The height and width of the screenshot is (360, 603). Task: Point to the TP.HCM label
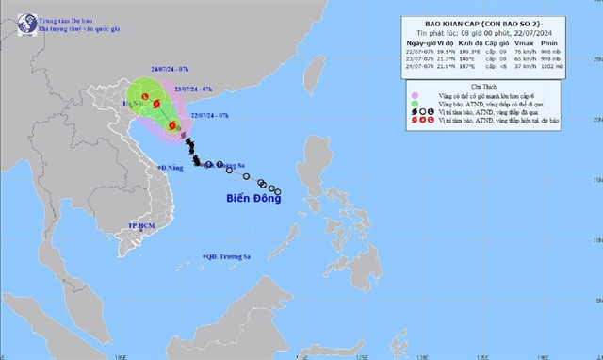pyautogui.click(x=141, y=227)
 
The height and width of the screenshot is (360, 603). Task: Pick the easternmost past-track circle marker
pyautogui.click(x=277, y=193)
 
